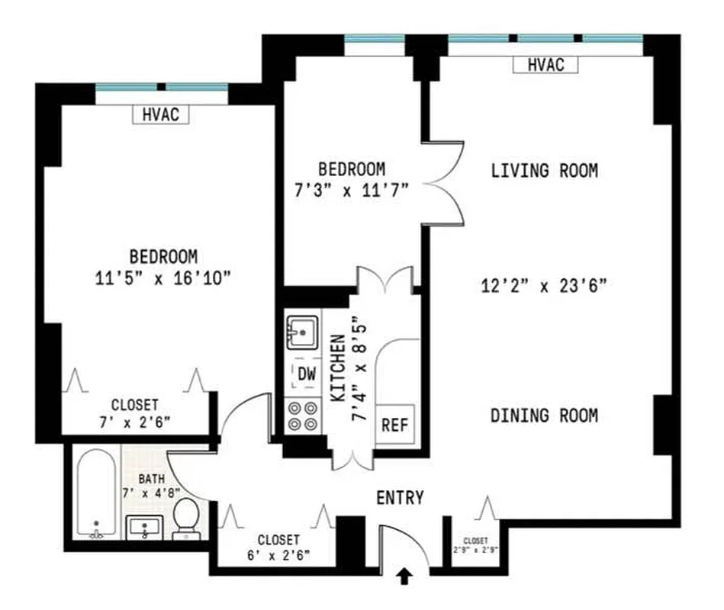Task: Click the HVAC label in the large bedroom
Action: (x=160, y=114)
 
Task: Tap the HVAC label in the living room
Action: (x=545, y=65)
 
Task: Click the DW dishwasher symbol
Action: (x=306, y=374)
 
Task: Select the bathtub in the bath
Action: (x=96, y=494)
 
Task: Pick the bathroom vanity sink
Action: (x=144, y=526)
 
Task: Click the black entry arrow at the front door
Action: (x=405, y=578)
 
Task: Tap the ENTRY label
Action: (x=400, y=498)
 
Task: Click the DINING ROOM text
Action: (x=544, y=416)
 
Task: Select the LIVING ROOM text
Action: (x=544, y=171)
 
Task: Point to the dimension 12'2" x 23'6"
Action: (x=544, y=287)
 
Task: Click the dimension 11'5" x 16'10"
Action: (x=163, y=278)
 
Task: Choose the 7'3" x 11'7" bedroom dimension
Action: (x=352, y=191)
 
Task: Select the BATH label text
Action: (x=150, y=480)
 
